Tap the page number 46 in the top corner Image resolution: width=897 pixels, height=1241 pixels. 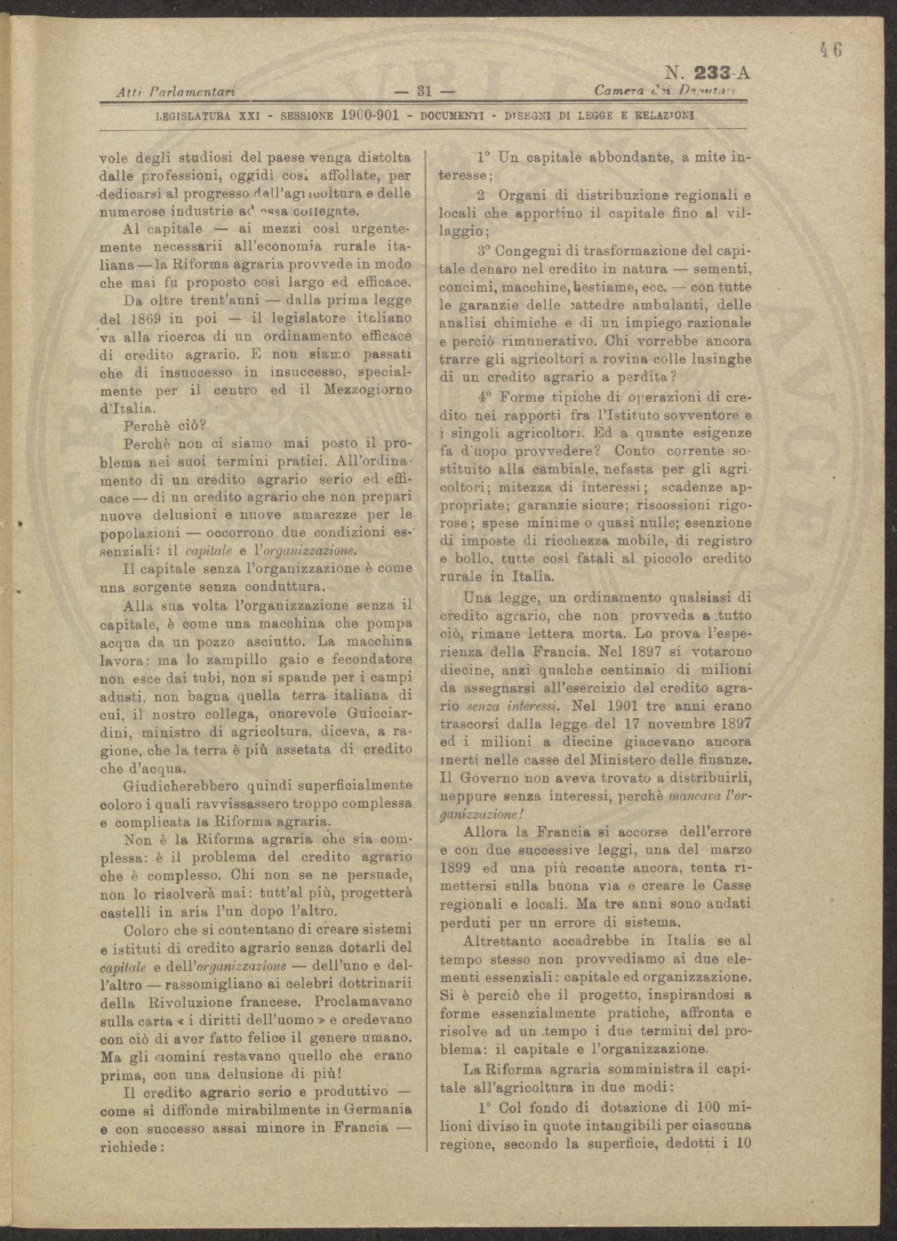pyautogui.click(x=830, y=50)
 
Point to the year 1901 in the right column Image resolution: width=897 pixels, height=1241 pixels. pyautogui.click(x=626, y=705)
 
